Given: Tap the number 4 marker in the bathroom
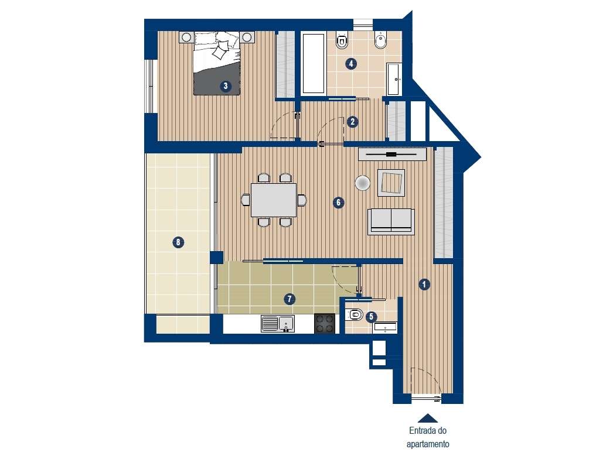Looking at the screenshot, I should (x=351, y=64).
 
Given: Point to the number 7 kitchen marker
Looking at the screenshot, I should (x=288, y=299).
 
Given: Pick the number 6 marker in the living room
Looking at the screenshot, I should (x=338, y=203).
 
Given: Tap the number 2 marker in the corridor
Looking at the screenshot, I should (x=352, y=122).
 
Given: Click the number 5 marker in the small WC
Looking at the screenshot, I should (x=371, y=317).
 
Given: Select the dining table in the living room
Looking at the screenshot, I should (x=274, y=200).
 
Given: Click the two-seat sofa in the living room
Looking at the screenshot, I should (x=390, y=221).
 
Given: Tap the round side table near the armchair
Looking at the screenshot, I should (x=363, y=183).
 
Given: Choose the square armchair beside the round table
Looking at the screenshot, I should (x=391, y=182).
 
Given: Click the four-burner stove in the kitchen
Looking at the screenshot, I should (x=325, y=323).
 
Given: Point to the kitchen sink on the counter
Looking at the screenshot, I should (x=278, y=323).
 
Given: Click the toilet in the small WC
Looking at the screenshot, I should (x=353, y=316).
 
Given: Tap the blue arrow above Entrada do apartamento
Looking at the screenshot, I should (x=428, y=418).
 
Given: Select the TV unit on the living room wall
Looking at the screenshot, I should (x=391, y=155).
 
